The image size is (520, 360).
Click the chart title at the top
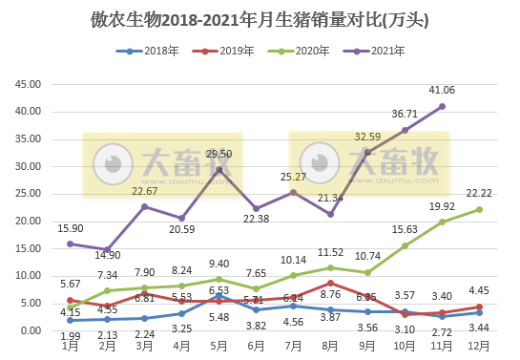pos(259,18)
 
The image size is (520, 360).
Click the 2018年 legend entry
pos(162,51)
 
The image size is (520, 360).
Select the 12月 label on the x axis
pos(479,346)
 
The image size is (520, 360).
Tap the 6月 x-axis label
pos(256,346)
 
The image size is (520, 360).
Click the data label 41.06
pos(443,90)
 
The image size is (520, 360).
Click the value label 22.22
pos(479,193)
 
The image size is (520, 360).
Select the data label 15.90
pos(71,227)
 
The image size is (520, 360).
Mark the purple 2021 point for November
pos(442,106)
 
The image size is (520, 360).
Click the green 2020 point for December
pos(479,209)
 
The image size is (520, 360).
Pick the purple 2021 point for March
pos(144,206)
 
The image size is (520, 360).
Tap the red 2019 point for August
pos(330,283)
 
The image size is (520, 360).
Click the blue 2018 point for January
pos(70,320)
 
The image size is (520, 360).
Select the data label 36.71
pos(406,114)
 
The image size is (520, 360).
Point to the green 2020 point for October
pos(405,245)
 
